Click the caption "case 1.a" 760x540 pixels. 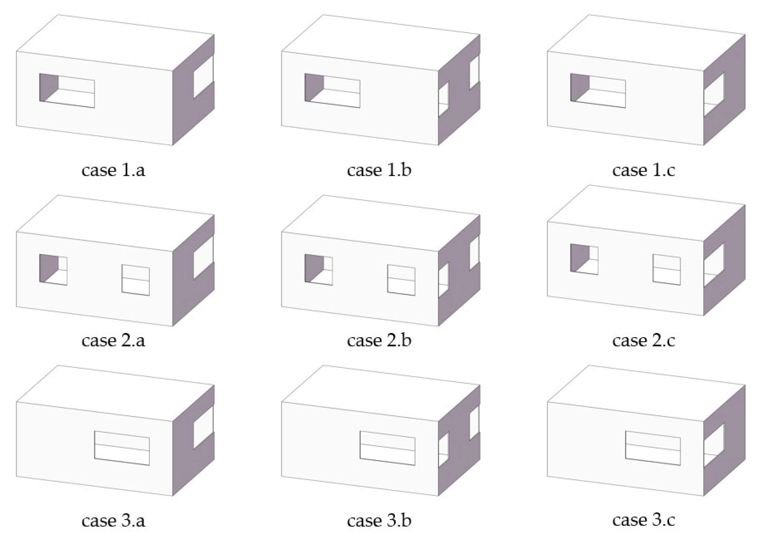tap(114, 170)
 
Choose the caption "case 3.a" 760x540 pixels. tap(114, 520)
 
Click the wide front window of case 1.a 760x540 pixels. tap(67, 90)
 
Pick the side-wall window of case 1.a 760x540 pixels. tap(204, 77)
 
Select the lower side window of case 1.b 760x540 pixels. tap(443, 99)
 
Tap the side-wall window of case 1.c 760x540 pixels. tap(713, 95)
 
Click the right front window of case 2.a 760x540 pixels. tap(135, 280)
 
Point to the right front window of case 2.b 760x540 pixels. tap(401, 280)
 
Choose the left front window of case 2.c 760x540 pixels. tap(584, 259)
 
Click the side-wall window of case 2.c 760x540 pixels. tap(713, 265)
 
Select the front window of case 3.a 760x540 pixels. tap(122, 448)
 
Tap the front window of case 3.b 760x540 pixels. tap(388, 448)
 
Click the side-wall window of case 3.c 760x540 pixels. tap(713, 445)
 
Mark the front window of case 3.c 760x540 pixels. tap(653, 448)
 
